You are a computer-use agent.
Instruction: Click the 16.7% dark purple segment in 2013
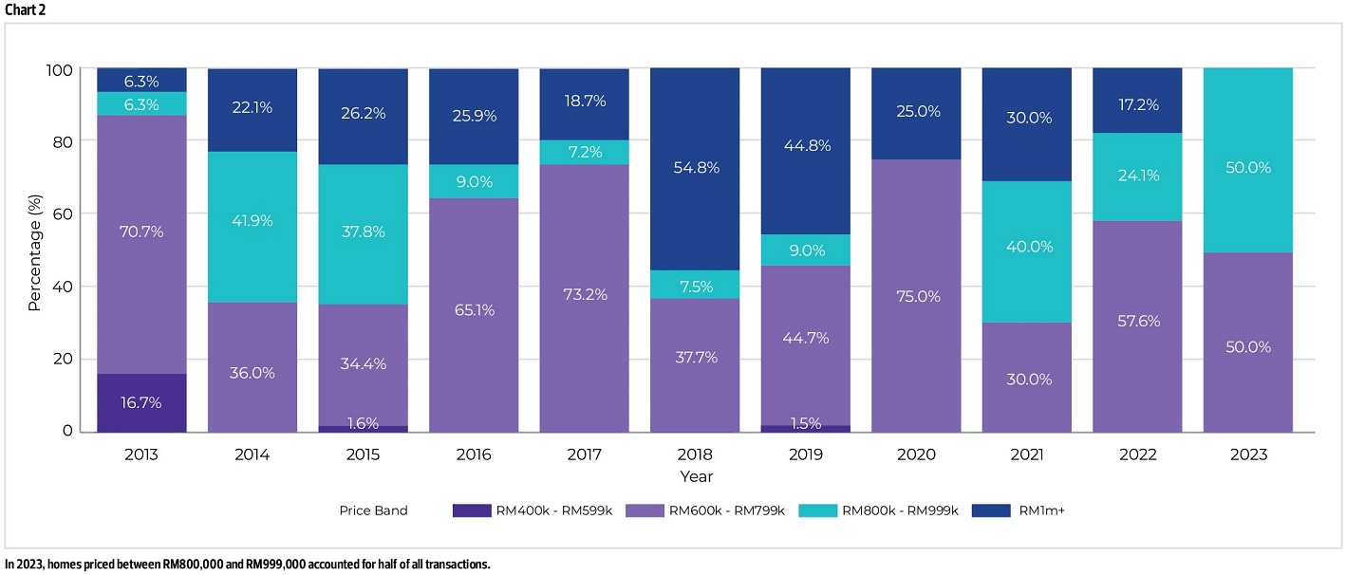tap(141, 402)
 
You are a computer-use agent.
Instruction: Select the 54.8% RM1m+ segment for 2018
tap(695, 169)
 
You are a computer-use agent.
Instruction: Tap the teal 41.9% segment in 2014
tap(252, 227)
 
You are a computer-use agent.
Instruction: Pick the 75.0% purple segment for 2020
tap(916, 296)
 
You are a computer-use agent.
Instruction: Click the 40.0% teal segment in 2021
tap(1027, 251)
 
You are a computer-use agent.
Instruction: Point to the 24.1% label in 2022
tap(1138, 176)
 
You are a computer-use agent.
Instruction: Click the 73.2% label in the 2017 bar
tap(585, 294)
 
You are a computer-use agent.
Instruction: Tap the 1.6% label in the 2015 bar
tap(363, 423)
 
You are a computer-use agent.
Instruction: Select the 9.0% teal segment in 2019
tap(806, 250)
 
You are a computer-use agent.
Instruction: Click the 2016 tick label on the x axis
tap(474, 454)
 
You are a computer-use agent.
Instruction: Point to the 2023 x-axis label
tap(1248, 454)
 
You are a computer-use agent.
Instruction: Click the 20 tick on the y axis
tap(63, 359)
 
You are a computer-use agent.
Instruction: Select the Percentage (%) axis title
tap(34, 252)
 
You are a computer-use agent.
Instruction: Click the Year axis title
tap(696, 476)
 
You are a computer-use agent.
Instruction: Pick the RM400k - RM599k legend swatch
tap(472, 510)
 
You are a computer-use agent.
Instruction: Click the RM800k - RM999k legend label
tap(900, 510)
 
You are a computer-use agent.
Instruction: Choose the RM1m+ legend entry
tap(1018, 510)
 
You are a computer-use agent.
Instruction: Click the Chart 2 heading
tap(26, 10)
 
